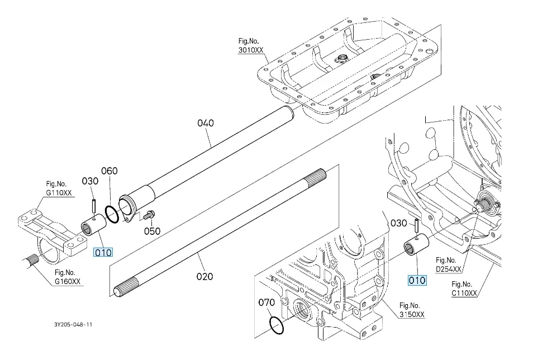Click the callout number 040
pyautogui.click(x=206, y=123)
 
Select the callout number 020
pyautogui.click(x=204, y=276)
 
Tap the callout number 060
pyautogui.click(x=110, y=171)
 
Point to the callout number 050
pyautogui.click(x=153, y=231)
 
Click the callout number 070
pyautogui.click(x=266, y=302)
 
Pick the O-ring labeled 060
pyautogui.click(x=112, y=214)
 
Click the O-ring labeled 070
pyautogui.click(x=277, y=326)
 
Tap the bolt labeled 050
pyautogui.click(x=149, y=215)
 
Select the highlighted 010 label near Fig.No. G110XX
pyautogui.click(x=103, y=253)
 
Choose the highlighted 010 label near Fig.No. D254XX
pyautogui.click(x=417, y=281)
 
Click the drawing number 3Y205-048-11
pyautogui.click(x=73, y=325)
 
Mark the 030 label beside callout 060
pyautogui.click(x=90, y=181)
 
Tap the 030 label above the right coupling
pyautogui.click(x=399, y=223)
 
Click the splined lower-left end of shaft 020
pyautogui.click(x=126, y=287)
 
